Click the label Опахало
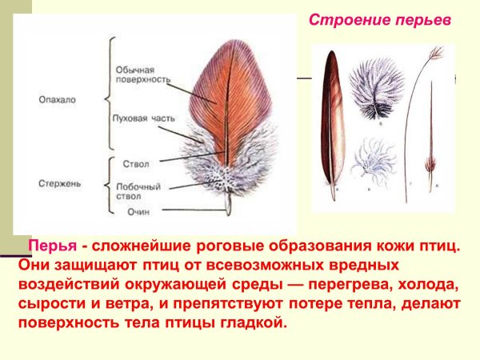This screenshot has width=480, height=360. point(57,100)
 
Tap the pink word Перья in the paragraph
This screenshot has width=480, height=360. point(53,246)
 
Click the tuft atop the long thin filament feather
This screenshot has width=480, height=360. point(434,54)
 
